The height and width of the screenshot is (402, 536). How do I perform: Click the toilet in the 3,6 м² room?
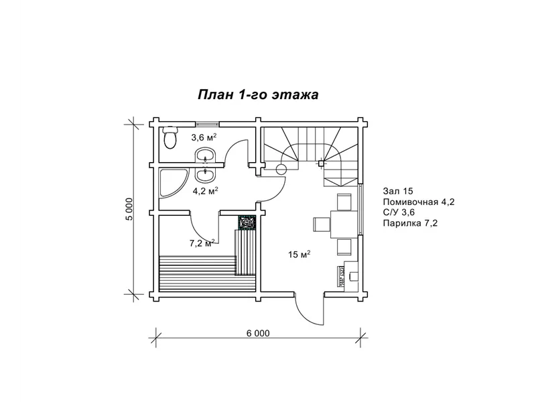click(170, 137)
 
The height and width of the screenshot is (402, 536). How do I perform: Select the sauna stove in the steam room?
click(246, 222)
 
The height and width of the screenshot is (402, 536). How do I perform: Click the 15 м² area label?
click(299, 255)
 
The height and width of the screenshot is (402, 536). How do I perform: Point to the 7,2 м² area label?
click(202, 243)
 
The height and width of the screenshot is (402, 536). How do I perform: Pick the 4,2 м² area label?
click(206, 191)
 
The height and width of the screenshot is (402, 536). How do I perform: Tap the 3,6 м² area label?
click(204, 137)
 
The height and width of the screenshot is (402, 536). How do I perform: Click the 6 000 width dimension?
click(258, 333)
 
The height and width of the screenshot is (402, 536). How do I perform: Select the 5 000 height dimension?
click(129, 209)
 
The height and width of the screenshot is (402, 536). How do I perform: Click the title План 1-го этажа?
click(258, 94)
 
